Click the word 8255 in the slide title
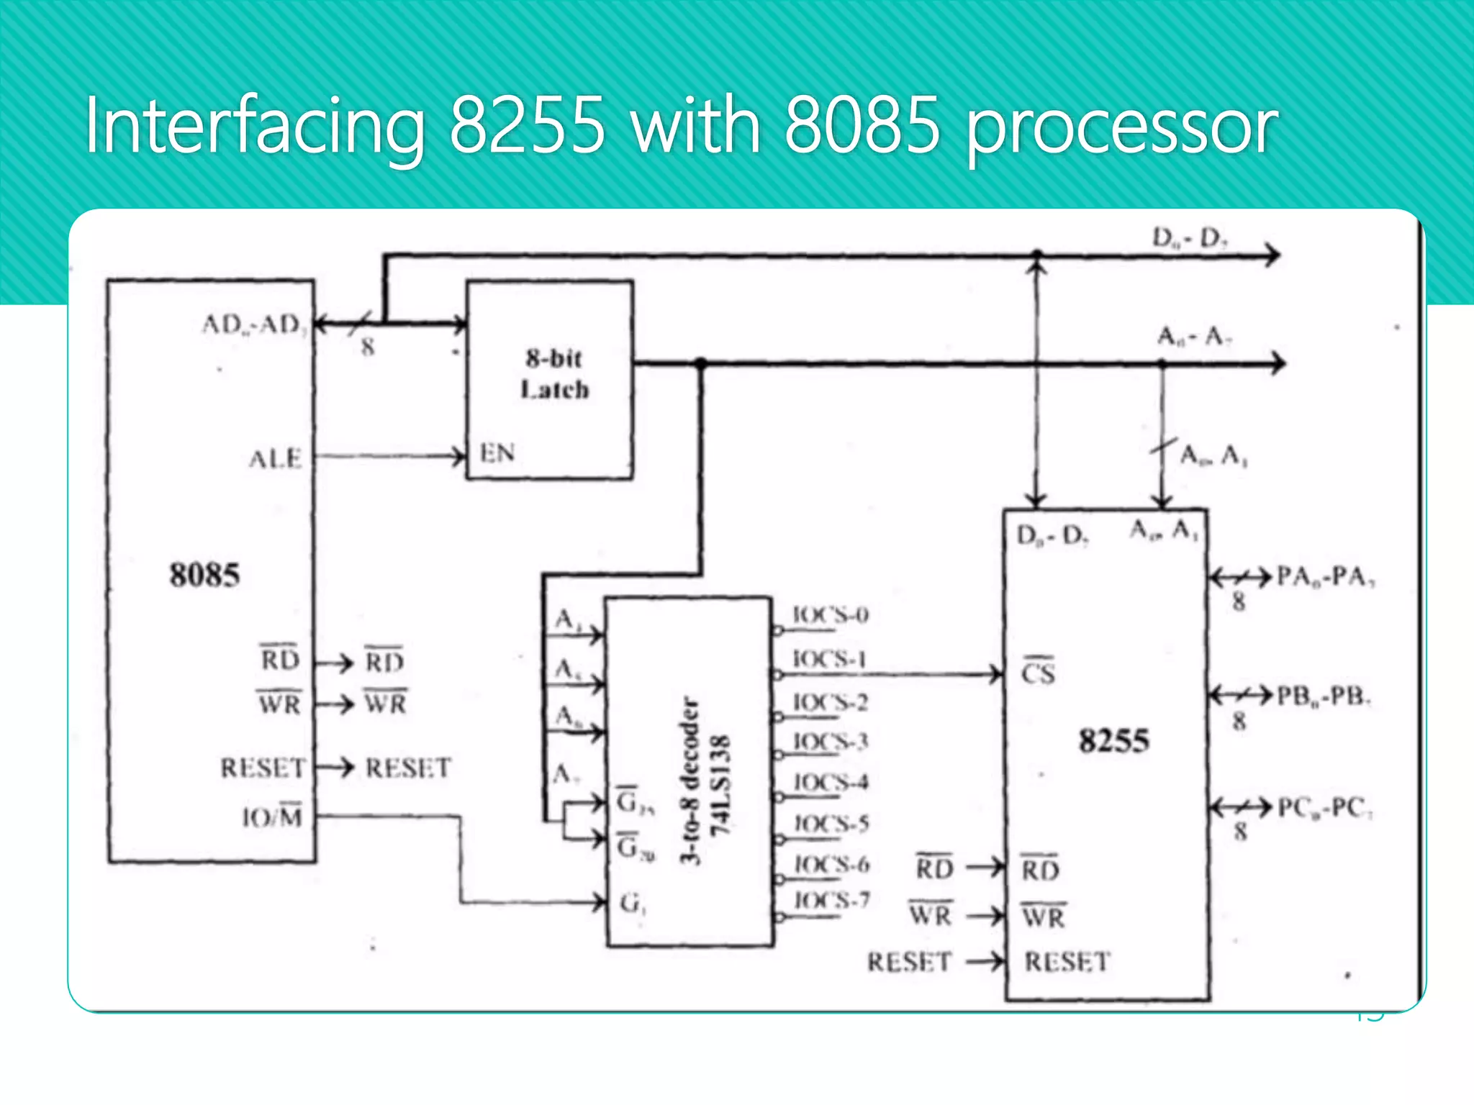click(x=527, y=126)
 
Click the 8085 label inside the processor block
click(x=204, y=575)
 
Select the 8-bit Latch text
click(x=554, y=374)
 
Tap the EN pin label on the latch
click(x=497, y=453)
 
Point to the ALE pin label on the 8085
click(x=275, y=458)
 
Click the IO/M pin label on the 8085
click(x=272, y=817)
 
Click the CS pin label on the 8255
click(x=1038, y=673)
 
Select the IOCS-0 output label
click(x=830, y=615)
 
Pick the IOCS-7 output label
click(x=832, y=900)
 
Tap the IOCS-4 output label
click(x=831, y=782)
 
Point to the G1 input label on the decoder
click(x=633, y=902)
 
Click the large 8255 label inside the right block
click(x=1113, y=740)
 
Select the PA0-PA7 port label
click(x=1325, y=576)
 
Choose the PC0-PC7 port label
click(x=1324, y=808)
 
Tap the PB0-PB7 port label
click(x=1324, y=696)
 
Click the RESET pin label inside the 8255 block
click(x=1067, y=962)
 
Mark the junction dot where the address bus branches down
click(x=700, y=363)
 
